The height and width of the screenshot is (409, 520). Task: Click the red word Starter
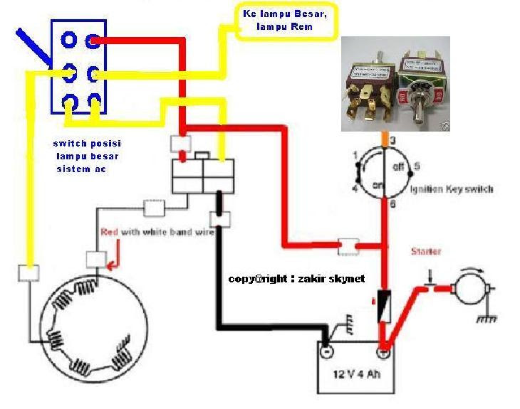(425, 251)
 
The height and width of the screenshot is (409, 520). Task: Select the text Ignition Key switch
(452, 189)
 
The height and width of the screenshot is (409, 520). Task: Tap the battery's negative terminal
(326, 351)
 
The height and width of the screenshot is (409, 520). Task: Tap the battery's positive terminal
(383, 351)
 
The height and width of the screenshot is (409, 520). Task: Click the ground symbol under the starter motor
(487, 319)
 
